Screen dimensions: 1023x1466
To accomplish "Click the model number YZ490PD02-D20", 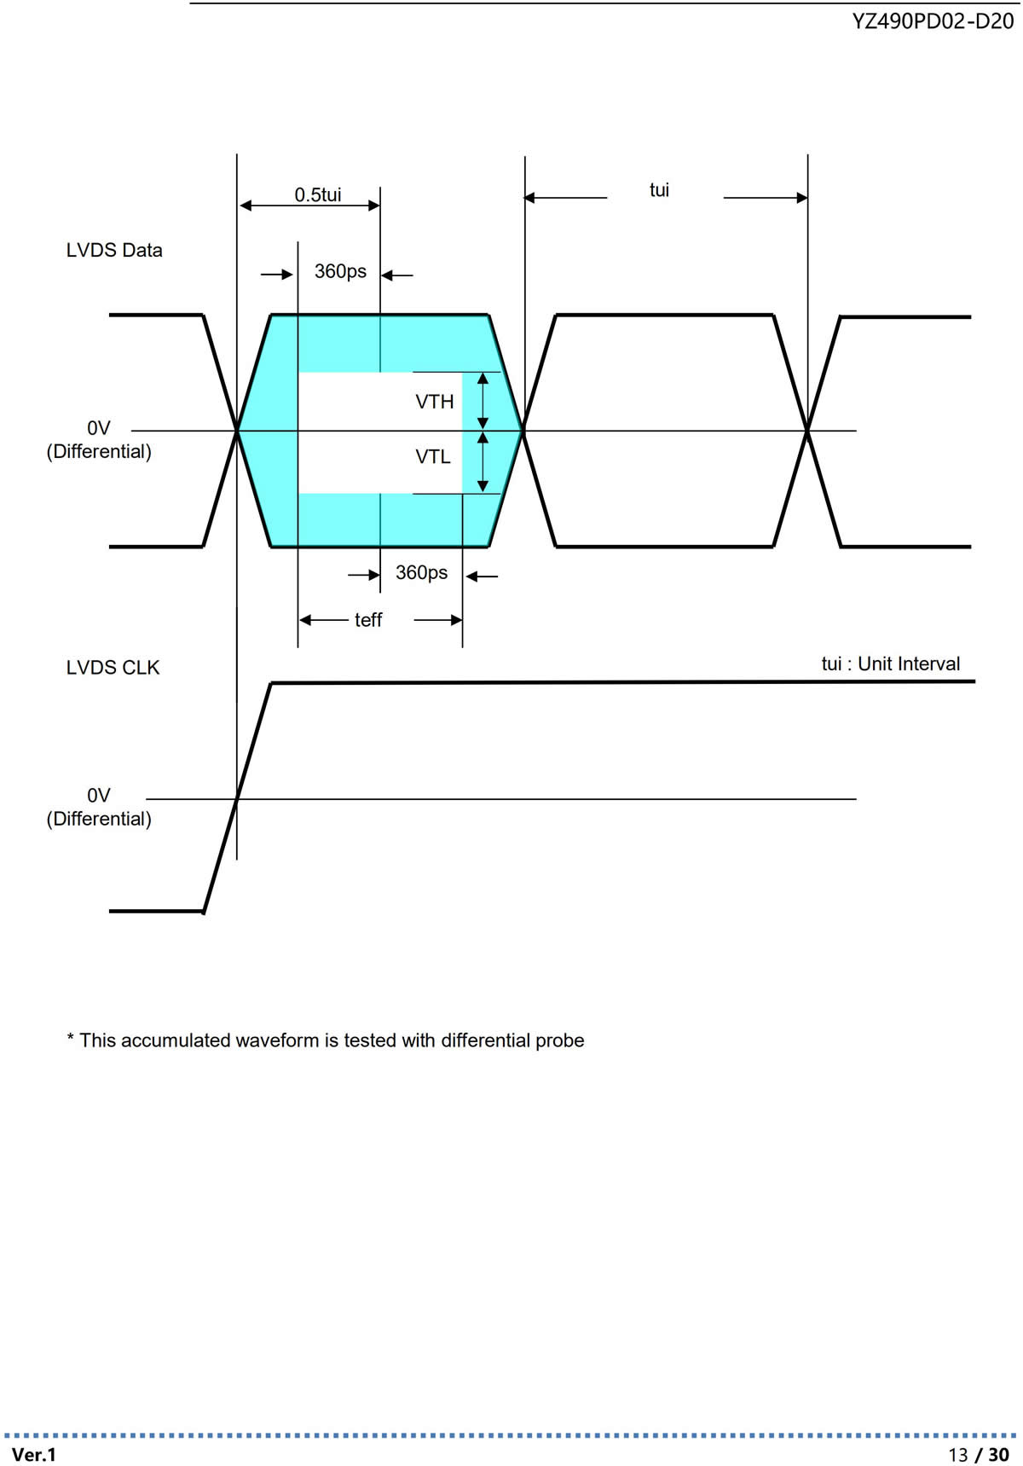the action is point(933,22).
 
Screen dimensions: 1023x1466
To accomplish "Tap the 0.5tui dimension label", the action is point(318,194).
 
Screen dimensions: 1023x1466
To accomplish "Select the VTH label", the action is point(435,402).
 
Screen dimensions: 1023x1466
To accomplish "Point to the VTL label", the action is point(433,457).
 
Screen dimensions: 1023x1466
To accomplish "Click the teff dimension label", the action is point(368,620).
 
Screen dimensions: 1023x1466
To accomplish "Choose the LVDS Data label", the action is point(114,250).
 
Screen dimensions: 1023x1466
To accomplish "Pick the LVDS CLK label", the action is point(113,668).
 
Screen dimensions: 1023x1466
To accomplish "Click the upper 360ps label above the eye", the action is point(340,271).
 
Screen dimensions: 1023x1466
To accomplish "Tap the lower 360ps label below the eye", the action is point(421,572).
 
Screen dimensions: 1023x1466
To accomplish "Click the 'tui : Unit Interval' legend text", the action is point(891,663).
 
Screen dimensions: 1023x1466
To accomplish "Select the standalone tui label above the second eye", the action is point(659,190).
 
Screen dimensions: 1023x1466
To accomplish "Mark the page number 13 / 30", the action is point(979,1454).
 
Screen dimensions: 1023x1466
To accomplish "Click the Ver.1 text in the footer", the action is point(34,1454).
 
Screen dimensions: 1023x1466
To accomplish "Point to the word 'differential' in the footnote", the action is point(486,1040).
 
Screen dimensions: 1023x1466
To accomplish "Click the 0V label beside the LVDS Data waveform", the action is point(99,428).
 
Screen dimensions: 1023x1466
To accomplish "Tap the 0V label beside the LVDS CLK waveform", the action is point(99,796).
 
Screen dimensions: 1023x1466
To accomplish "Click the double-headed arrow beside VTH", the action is point(483,401).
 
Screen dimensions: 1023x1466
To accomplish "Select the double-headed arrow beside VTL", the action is point(483,462).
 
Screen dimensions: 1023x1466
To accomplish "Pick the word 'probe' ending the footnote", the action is point(560,1041).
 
